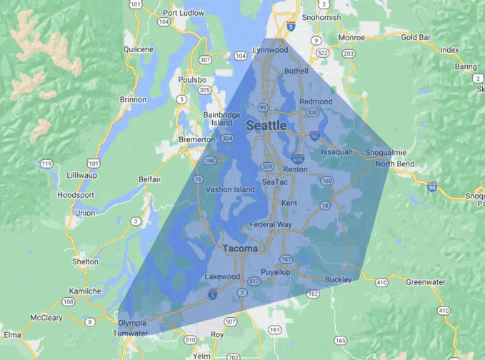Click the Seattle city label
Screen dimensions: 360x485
tap(266, 126)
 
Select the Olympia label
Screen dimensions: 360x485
tap(133, 323)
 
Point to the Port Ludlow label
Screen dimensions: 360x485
tap(184, 12)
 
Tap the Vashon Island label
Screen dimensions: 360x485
tap(230, 189)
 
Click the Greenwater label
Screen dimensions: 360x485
tap(425, 282)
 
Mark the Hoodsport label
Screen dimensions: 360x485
tap(77, 194)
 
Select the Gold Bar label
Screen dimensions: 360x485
tap(415, 37)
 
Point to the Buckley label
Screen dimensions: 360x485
tap(338, 279)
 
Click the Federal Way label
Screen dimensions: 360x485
tap(271, 224)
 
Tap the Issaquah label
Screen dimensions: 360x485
tap(337, 152)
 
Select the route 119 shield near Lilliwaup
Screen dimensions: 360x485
tap(47, 164)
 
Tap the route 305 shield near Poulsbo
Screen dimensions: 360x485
tap(205, 90)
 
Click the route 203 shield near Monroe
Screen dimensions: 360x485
tap(349, 53)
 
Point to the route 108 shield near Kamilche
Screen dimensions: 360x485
tap(69, 302)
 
